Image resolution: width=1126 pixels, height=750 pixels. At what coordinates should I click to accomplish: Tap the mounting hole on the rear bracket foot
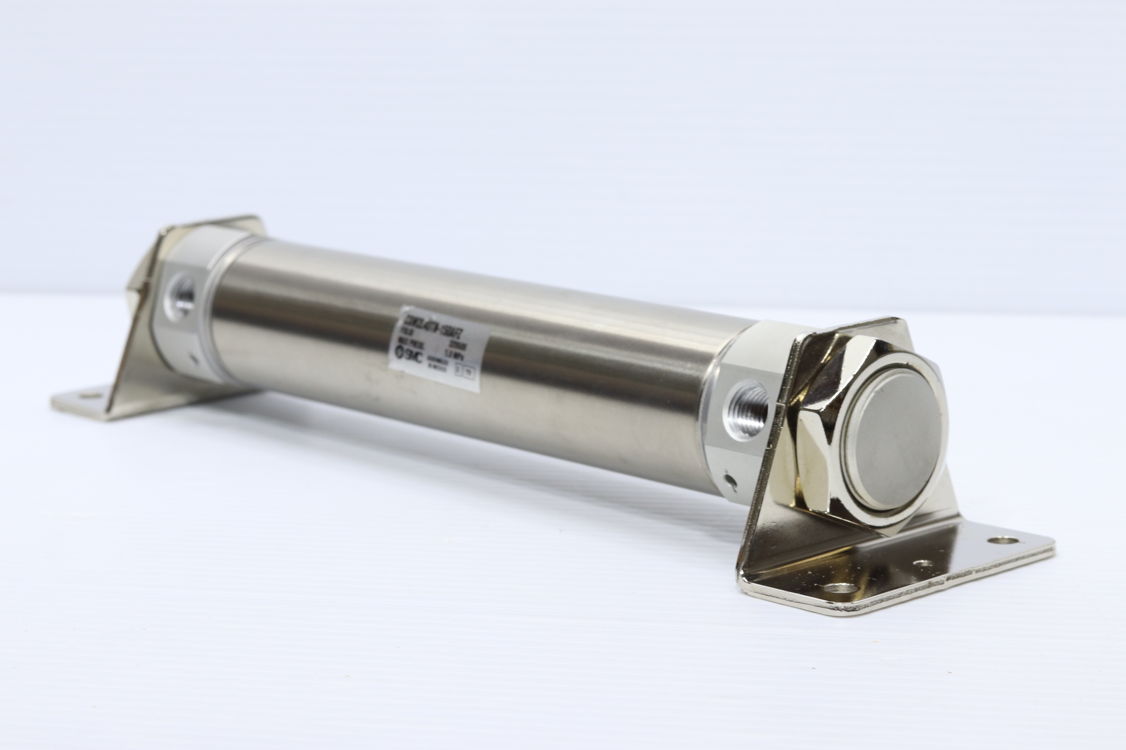pos(87,396)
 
